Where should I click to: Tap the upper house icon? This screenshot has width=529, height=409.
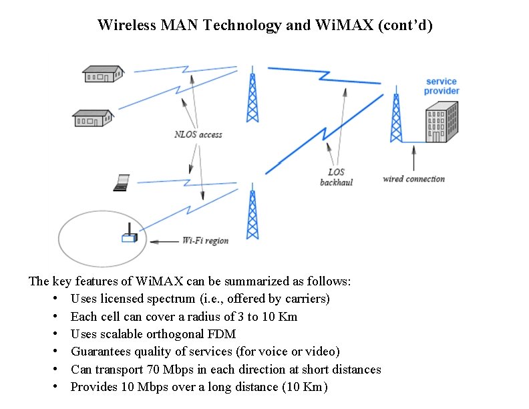103,74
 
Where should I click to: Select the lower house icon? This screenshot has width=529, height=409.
93,118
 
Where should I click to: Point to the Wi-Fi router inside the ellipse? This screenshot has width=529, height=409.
129,237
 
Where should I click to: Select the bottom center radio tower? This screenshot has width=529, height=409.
252,215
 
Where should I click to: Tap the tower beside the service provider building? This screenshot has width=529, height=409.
396,118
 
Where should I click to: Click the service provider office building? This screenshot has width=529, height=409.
442,122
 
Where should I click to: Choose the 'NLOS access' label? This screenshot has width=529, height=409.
198,134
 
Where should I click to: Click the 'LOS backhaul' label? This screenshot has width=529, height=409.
336,176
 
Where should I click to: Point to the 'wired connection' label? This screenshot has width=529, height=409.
413,178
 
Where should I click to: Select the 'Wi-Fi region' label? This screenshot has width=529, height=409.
205,241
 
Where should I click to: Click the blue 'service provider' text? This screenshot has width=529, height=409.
442,86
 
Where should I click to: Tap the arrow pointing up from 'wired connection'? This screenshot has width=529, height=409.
414,159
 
